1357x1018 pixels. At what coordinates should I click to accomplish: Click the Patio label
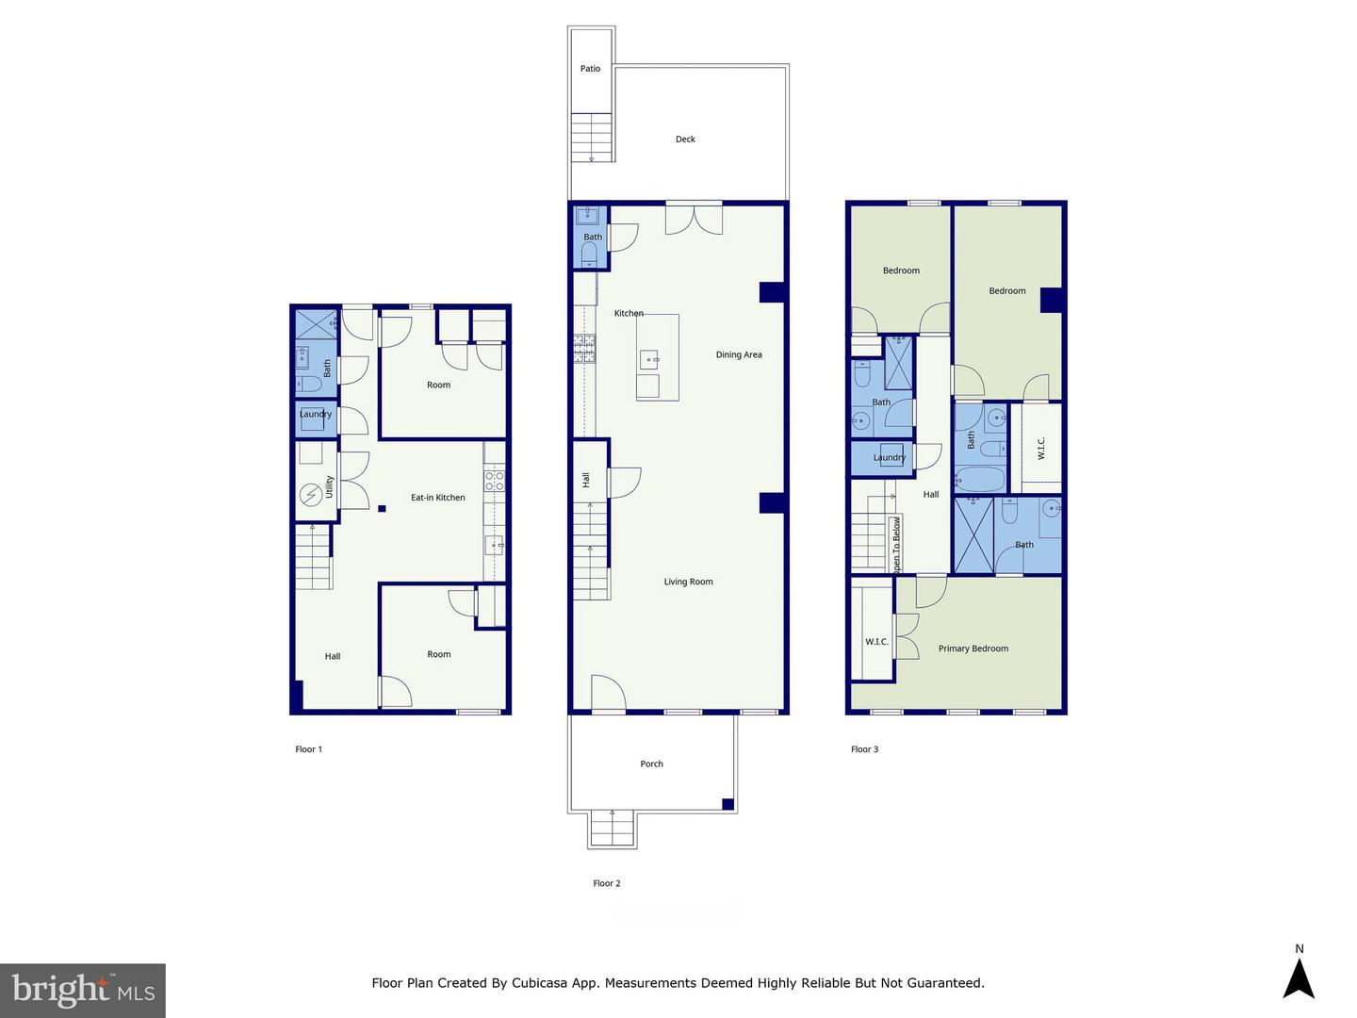point(590,69)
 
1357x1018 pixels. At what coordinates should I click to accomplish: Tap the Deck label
point(685,140)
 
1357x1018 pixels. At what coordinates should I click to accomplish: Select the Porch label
point(651,764)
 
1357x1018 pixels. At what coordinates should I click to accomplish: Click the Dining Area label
point(739,355)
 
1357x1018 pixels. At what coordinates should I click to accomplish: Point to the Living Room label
point(688,583)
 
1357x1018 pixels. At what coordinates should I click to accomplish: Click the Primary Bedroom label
point(973,649)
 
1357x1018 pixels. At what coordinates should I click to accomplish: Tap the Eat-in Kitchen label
point(437,498)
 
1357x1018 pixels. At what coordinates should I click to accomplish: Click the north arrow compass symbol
point(1299,977)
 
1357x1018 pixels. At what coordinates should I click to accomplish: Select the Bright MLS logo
point(83,990)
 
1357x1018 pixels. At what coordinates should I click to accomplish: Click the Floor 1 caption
point(308,749)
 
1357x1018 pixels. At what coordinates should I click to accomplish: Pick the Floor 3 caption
point(864,749)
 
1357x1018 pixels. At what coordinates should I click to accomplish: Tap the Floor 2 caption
point(606,883)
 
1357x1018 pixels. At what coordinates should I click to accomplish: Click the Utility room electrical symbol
point(310,495)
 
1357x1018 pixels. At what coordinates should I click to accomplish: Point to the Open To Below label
point(896,546)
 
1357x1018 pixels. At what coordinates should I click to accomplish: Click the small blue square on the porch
point(728,804)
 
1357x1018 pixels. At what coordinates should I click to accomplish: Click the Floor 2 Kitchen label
point(629,313)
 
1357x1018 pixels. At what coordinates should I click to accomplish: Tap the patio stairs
point(591,138)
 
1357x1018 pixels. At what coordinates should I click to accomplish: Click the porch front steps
point(613,829)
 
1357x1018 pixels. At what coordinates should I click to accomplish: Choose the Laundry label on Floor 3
point(889,458)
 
